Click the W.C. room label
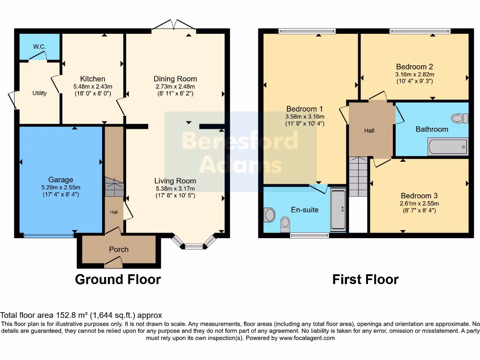pos(38,46)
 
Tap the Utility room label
pos(39,93)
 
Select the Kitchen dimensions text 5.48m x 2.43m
pos(92,87)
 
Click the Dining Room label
pos(175,79)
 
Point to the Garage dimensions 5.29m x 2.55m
pos(60,187)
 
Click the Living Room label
pos(175,181)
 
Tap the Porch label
pos(119,249)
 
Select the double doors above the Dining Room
pos(174,26)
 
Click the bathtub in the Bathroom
pos(448,147)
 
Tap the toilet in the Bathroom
pos(459,118)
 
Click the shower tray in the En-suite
pos(338,210)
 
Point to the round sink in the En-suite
pos(270,215)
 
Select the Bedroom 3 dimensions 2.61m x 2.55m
pos(419,203)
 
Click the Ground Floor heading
pos(118,280)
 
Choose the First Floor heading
pos(365,280)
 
